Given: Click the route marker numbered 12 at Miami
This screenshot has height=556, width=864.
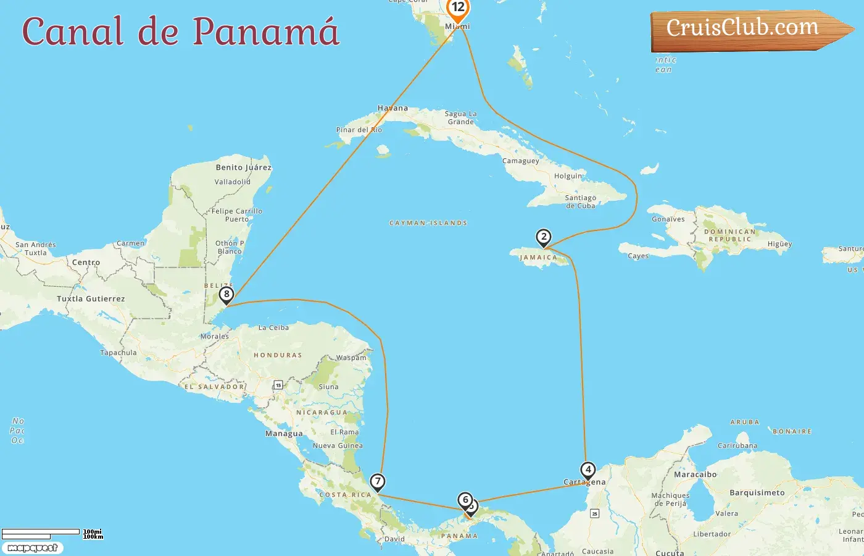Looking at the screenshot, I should click(458, 8).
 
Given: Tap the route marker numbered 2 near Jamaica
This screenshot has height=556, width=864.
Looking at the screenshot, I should click(543, 237).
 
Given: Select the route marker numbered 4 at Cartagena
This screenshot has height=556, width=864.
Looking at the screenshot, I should click(588, 470).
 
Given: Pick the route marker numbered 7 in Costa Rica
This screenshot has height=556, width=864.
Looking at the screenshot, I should click(377, 481).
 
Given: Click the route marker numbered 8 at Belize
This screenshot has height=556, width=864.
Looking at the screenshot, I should click(226, 295).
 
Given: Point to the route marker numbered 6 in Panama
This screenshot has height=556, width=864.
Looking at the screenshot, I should click(465, 499).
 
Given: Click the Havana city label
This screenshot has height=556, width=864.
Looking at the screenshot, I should click(393, 108).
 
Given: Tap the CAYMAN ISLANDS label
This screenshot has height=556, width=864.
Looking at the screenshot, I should click(428, 223).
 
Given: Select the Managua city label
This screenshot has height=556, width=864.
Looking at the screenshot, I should click(284, 434).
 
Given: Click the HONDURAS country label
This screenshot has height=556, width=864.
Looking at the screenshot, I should click(278, 355).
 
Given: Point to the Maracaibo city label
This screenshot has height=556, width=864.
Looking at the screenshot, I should click(696, 474).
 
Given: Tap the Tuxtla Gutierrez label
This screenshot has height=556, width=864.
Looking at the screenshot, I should click(91, 299).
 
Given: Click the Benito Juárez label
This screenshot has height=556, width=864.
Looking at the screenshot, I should click(243, 167).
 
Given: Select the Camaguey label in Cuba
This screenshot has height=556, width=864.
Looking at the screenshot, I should click(521, 161).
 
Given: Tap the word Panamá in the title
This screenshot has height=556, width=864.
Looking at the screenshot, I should click(266, 31).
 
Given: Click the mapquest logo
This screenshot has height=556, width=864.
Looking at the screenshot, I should click(32, 548).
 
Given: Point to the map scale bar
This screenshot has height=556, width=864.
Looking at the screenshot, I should click(41, 532).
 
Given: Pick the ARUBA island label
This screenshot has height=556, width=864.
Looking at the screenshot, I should click(745, 423).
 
